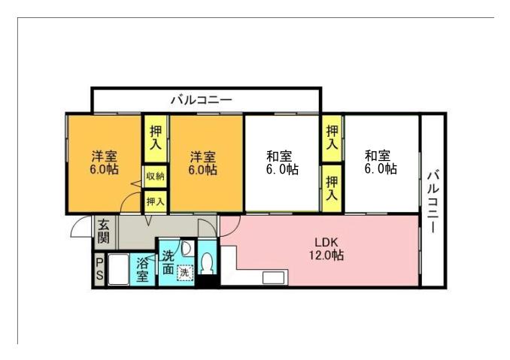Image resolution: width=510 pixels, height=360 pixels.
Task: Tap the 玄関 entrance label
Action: click(103, 231)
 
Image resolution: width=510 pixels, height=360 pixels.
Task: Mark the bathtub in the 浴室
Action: click(119, 270)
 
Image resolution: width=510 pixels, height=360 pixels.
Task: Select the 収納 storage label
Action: click(155, 177)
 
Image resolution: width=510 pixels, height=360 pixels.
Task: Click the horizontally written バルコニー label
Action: click(201, 98)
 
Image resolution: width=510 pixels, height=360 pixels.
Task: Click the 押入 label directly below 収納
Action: click(155, 201)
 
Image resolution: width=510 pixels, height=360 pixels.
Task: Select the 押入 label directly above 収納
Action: click(155, 138)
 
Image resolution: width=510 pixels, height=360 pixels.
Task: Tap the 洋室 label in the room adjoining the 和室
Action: click(202, 163)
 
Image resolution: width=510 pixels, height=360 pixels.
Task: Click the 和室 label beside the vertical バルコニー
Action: click(379, 162)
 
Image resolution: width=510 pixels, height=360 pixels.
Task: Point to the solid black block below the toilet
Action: click(207, 282)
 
